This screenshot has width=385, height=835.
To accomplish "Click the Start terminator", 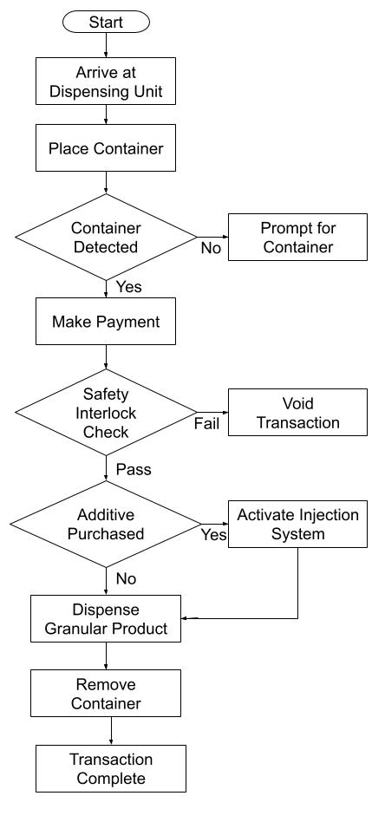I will [106, 22].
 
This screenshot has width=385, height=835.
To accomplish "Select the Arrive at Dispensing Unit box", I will [106, 81].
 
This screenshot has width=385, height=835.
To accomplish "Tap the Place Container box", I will [106, 148].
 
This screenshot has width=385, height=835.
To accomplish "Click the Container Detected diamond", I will [106, 238].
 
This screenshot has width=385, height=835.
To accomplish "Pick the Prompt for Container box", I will [297, 238].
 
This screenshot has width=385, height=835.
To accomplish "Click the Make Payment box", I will [106, 322].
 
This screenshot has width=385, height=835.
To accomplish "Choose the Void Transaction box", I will [297, 413].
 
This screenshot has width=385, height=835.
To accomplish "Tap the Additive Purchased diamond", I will [106, 524].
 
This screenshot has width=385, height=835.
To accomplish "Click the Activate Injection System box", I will [297, 524].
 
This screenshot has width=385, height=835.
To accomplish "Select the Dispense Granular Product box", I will [106, 618].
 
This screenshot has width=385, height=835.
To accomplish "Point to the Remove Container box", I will [106, 694].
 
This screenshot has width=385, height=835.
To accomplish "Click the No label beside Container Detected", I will [212, 248].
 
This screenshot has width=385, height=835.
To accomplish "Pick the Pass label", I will [133, 470].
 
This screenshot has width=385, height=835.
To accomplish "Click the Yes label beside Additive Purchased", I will [213, 535].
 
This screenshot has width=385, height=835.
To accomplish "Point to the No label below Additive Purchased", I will [127, 577].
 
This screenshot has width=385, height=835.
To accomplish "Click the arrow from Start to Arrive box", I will [106, 46].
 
